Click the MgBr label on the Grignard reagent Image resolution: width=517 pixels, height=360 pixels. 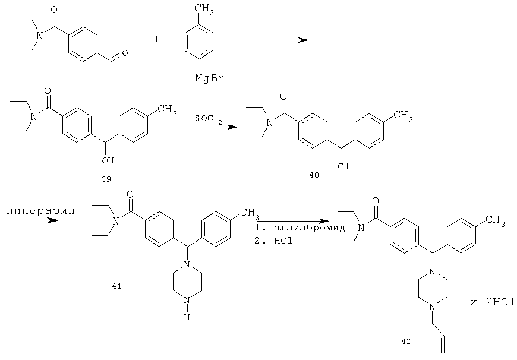pos(210,78)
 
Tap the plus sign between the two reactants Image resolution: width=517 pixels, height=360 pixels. pos(156,39)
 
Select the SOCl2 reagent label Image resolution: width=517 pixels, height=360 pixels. pos(208,119)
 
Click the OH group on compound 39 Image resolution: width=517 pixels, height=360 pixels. pos(108,160)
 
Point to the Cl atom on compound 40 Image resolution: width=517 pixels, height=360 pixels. pos(343,166)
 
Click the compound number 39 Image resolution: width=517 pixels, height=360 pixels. pos(106,179)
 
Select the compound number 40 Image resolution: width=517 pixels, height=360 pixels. pos(314,175)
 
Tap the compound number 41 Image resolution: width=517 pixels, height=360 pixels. pos(116,286)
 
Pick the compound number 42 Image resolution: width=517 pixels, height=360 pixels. pos(406,341)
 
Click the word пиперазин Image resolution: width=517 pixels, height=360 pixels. pos(41,211)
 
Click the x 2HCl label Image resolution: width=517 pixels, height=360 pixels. pos(493,302)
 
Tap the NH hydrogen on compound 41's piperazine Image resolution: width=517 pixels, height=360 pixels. pos(187,308)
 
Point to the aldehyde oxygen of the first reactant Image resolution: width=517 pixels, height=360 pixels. pos(125,53)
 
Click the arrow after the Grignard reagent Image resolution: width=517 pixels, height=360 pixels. pos(281,40)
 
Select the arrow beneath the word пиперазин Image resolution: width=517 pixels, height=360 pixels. pos(34,220)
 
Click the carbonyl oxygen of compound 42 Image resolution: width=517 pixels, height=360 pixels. pos(375,201)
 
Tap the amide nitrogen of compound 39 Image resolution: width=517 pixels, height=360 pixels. pos(32,116)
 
